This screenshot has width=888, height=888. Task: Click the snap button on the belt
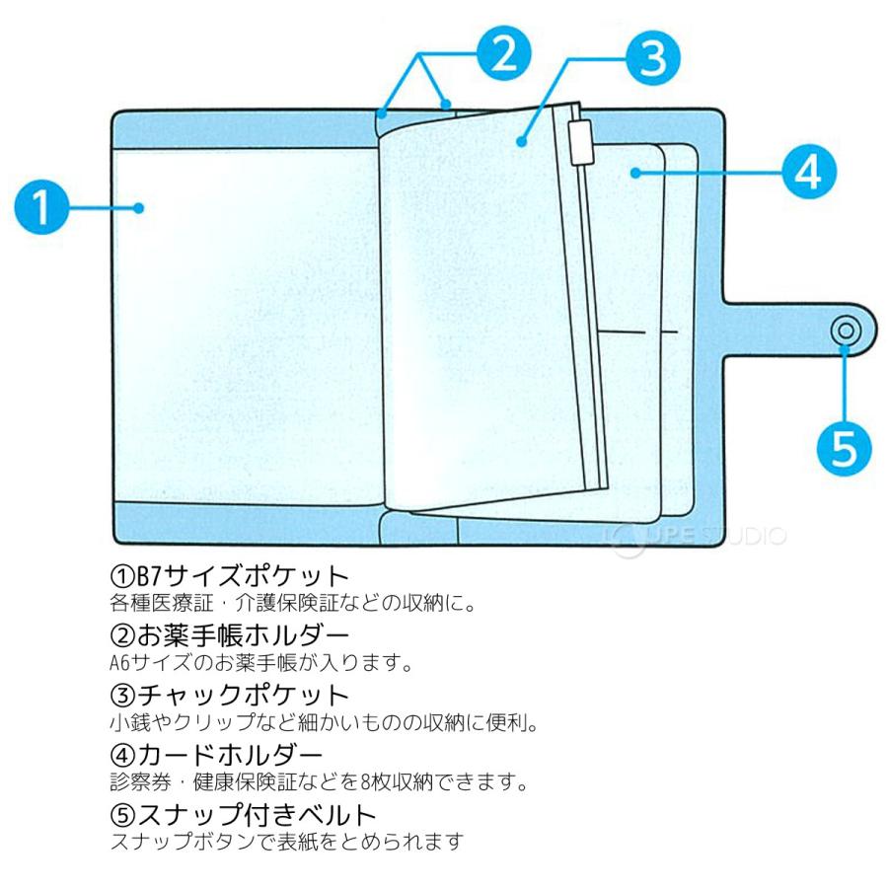(x=845, y=332)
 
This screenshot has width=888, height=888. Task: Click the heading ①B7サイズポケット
(x=230, y=575)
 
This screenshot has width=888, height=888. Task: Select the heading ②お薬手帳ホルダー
(x=230, y=634)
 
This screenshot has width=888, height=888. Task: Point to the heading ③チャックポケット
(x=230, y=695)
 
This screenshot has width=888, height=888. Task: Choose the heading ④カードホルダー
(x=216, y=756)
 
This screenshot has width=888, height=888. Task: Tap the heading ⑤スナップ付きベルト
(x=244, y=815)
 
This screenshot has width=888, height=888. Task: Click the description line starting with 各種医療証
(x=293, y=601)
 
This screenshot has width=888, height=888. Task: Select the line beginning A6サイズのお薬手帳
(x=261, y=661)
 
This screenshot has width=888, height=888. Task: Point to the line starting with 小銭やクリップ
(x=324, y=722)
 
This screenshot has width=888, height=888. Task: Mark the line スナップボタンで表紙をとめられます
(x=286, y=842)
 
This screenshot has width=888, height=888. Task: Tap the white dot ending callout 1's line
(x=139, y=207)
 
